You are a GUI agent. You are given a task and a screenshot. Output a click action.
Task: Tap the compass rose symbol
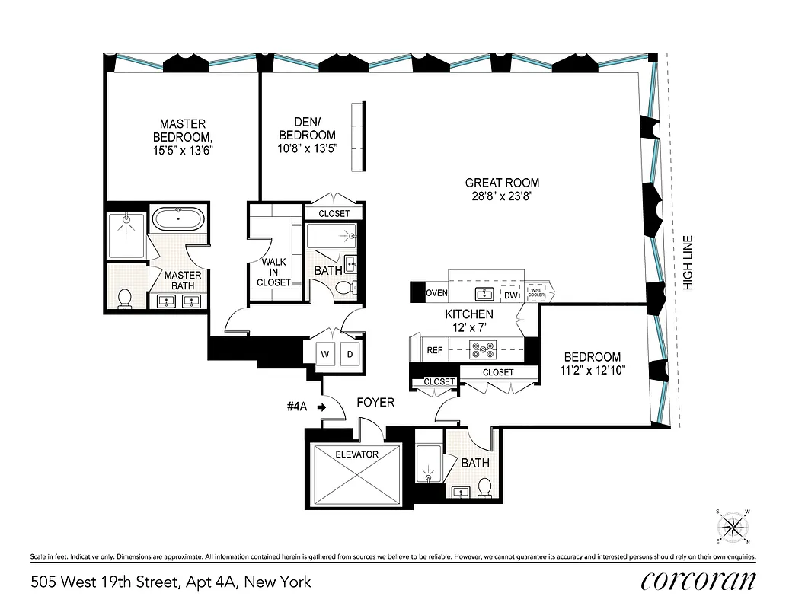click(x=734, y=526)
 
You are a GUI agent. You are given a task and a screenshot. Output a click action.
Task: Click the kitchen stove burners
click(x=482, y=351)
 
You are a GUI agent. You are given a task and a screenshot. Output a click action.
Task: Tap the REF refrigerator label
click(x=435, y=351)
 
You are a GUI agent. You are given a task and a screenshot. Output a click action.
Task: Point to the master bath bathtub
click(x=178, y=219)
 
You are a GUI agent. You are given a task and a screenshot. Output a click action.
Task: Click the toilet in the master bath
click(x=126, y=297)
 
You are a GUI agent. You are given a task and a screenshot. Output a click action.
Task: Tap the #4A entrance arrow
click(x=321, y=407)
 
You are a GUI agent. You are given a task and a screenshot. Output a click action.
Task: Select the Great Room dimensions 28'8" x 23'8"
click(x=502, y=196)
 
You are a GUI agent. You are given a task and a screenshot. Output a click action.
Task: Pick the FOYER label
click(x=375, y=401)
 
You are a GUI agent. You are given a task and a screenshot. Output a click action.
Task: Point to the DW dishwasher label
click(x=511, y=295)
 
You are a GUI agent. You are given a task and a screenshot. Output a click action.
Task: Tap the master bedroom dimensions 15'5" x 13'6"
click(x=182, y=151)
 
